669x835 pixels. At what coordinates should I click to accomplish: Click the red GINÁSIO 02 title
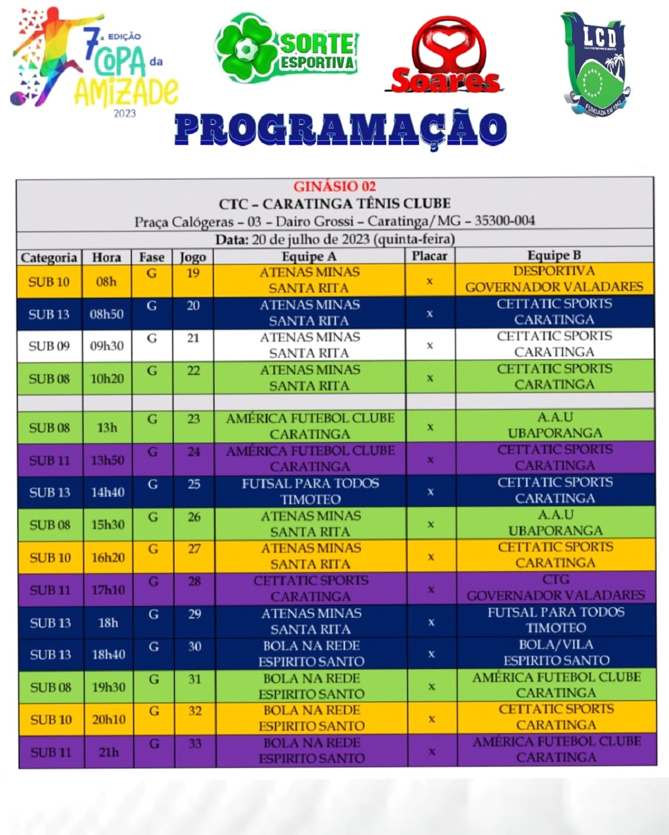(x=334, y=187)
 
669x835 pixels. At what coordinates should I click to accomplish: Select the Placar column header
(x=429, y=256)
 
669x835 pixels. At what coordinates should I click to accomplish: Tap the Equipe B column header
(x=554, y=255)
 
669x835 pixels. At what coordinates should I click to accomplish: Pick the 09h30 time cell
(x=106, y=346)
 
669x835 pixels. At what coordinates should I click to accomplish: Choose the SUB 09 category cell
(x=49, y=346)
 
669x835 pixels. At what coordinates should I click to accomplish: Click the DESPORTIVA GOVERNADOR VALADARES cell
(x=554, y=279)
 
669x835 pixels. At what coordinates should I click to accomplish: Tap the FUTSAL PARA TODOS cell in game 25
(x=310, y=491)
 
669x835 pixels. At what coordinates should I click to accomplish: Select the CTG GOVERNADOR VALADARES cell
(x=556, y=587)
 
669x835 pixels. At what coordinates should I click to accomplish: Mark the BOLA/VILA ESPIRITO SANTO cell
(x=556, y=652)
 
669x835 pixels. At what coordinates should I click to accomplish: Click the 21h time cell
(x=108, y=752)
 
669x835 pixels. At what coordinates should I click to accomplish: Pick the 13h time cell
(x=107, y=427)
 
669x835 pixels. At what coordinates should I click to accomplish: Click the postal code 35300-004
(x=504, y=221)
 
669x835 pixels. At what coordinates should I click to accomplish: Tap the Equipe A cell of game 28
(x=311, y=588)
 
